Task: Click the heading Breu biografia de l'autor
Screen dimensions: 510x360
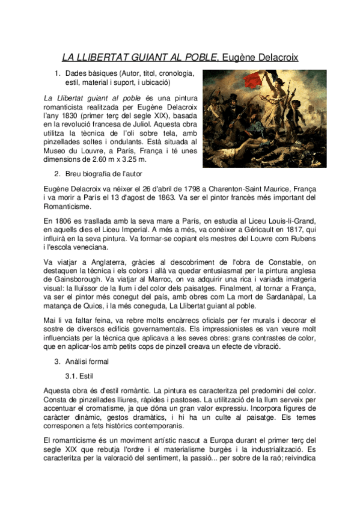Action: click(x=102, y=174)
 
